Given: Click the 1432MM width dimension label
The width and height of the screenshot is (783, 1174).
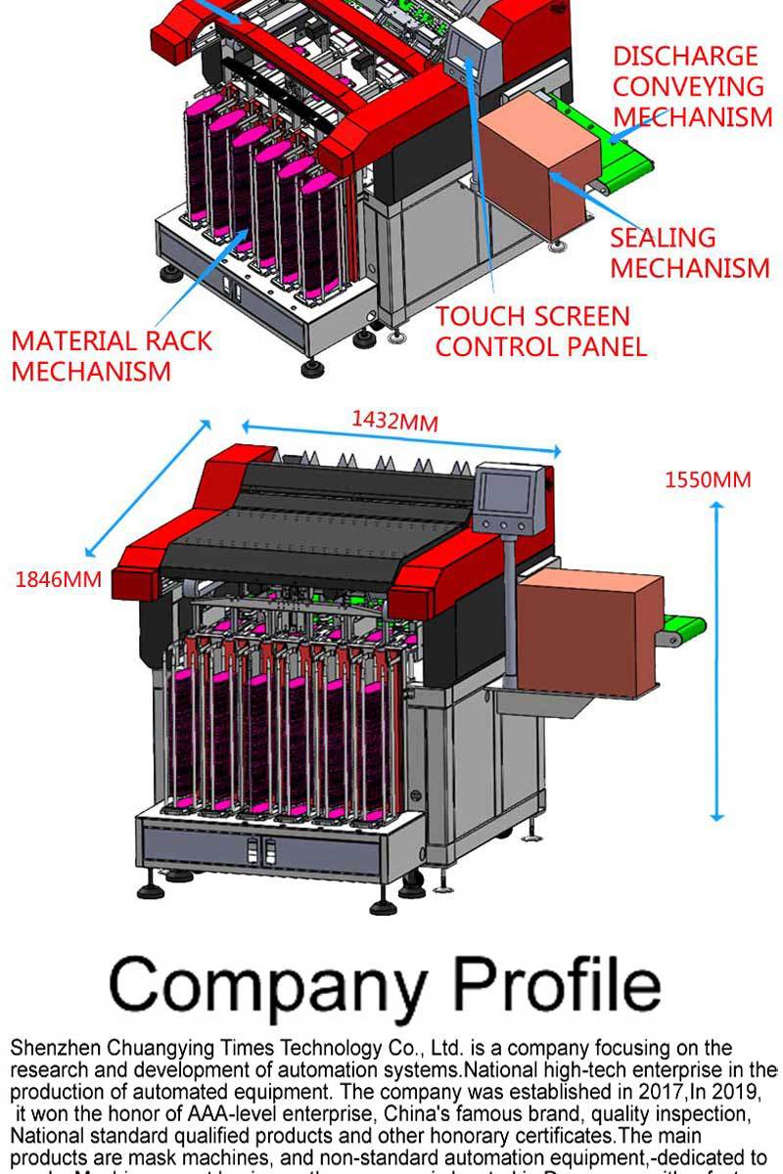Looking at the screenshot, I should (394, 422).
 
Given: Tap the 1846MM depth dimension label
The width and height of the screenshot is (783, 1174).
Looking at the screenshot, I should (58, 579).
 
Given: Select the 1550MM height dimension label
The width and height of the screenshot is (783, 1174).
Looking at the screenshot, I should (708, 479).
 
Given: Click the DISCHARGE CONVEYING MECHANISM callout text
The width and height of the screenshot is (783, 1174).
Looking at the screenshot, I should (691, 86).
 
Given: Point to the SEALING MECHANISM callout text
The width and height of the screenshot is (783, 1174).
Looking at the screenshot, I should (689, 252).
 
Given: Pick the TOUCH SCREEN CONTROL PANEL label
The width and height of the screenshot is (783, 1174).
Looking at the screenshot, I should (541, 332).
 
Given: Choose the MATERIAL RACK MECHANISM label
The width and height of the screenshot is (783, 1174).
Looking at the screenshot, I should (112, 356).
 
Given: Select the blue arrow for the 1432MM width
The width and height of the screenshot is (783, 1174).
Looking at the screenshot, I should (401, 439).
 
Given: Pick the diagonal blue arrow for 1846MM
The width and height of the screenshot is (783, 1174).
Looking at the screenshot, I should (147, 489).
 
